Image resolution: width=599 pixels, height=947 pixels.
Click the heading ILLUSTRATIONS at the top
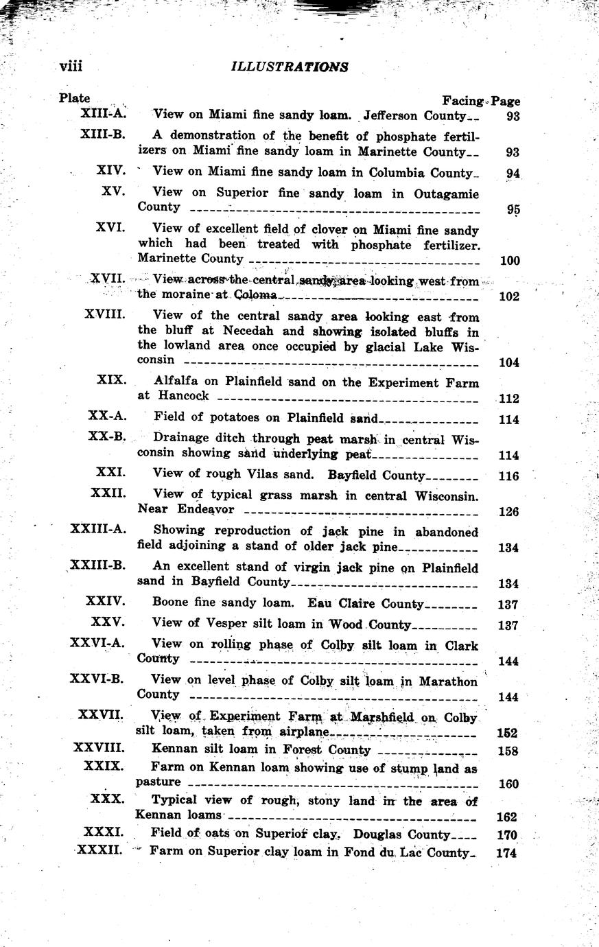click(x=290, y=67)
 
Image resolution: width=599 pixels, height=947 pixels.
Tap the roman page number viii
click(x=71, y=66)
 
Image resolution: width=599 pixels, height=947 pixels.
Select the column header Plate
click(x=74, y=98)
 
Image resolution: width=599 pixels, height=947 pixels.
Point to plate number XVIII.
click(x=105, y=314)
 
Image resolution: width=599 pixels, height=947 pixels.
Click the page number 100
click(x=510, y=261)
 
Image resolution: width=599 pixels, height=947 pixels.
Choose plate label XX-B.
click(x=106, y=437)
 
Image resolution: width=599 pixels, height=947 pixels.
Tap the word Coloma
click(x=255, y=295)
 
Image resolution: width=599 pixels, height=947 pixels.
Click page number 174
click(x=508, y=854)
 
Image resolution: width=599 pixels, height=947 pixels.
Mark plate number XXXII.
click(x=99, y=850)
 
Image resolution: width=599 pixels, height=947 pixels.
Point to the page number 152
click(x=506, y=733)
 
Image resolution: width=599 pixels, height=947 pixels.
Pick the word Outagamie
click(x=446, y=194)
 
